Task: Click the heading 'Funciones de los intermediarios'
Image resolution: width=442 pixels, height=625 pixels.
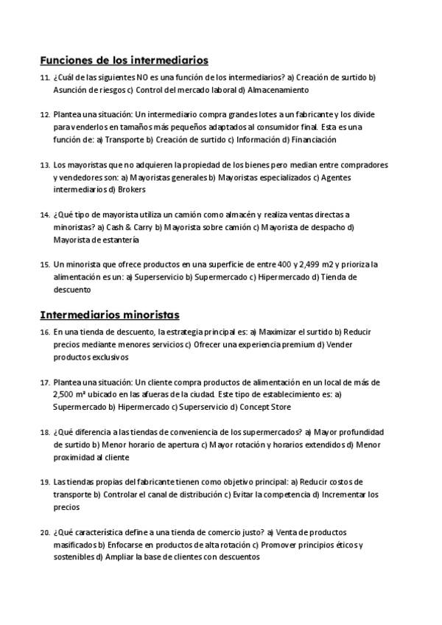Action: click(x=124, y=60)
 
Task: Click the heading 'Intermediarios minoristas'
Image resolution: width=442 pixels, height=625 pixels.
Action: click(x=110, y=315)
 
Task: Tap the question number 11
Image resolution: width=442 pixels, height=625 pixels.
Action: click(x=44, y=77)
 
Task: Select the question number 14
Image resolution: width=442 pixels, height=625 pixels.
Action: click(x=44, y=214)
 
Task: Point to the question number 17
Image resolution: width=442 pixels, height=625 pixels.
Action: click(x=44, y=383)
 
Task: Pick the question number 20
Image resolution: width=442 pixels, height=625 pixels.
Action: click(x=44, y=531)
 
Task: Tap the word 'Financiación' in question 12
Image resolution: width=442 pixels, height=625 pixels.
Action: click(x=314, y=139)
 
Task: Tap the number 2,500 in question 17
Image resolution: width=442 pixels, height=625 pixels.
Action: click(x=66, y=395)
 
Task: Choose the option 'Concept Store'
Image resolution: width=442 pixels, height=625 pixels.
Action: click(x=264, y=407)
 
